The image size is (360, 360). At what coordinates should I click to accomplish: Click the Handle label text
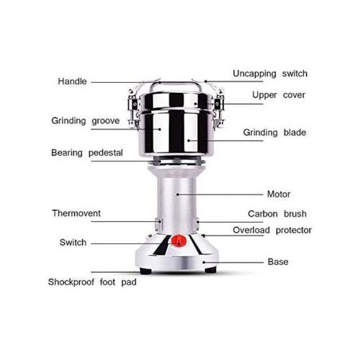point(72,81)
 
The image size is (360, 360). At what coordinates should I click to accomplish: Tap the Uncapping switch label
point(270,73)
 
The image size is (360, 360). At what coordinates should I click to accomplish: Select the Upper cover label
point(279,95)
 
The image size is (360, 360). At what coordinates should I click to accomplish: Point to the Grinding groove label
point(86,121)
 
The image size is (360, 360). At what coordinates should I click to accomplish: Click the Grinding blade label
point(274,132)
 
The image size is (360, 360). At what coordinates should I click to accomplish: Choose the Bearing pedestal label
point(87,153)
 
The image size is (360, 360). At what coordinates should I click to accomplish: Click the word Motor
point(279,194)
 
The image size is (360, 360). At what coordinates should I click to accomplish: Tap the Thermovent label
point(76,213)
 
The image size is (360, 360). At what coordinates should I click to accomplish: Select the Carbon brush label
point(277,214)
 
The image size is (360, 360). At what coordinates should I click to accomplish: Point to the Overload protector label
point(272,230)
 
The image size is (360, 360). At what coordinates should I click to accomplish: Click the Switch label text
point(73,243)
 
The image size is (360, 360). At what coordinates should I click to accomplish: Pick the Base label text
point(278,262)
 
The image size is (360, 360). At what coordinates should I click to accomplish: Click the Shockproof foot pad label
point(92,282)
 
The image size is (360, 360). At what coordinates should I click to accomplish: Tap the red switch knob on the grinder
point(179,241)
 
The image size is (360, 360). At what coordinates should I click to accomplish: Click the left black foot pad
point(145,271)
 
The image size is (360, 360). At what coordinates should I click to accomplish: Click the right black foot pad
point(211,270)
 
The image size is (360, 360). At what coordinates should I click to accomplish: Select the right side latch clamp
point(219,109)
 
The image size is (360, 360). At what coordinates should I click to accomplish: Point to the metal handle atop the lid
point(176,84)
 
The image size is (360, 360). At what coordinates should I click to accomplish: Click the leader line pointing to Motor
point(220,194)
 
